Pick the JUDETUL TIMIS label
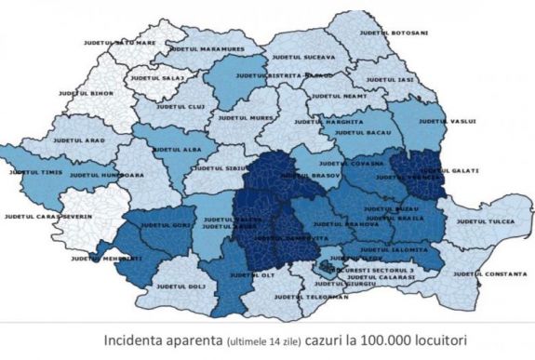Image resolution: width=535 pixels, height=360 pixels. pyautogui.click(x=36, y=173)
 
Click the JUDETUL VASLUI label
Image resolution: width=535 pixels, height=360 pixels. pyautogui.click(x=448, y=121)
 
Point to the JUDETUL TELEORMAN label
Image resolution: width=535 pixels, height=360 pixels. pyautogui.click(x=316, y=298)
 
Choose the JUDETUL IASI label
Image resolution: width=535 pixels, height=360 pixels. pyautogui.click(x=394, y=80)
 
